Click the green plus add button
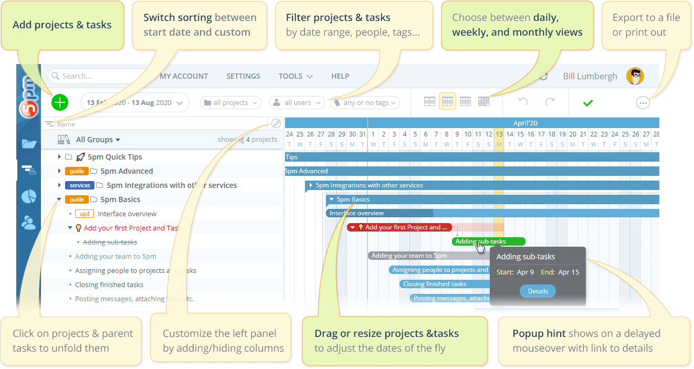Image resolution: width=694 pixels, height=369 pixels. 60,102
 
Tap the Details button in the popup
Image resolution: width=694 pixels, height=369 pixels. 538,291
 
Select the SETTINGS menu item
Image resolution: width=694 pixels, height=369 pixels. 243,76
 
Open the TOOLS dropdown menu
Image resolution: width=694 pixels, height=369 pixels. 296,76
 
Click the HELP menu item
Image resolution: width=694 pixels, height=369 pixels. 340,76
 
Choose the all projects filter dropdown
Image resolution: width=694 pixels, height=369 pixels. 230,103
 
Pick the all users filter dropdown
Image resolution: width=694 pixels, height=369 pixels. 297,103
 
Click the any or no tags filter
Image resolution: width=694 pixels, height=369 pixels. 365,103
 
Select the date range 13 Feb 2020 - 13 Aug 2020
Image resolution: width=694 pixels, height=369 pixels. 135,103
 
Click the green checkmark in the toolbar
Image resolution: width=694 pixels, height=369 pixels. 588,103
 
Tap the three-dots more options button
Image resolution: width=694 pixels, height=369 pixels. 643,103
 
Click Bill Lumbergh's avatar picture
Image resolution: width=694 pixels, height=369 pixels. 635,76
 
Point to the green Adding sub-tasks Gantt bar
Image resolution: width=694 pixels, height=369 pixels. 488,241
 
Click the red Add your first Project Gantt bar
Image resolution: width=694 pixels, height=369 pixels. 399,227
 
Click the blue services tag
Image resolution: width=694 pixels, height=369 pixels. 80,185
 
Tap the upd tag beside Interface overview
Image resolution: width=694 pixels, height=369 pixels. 85,214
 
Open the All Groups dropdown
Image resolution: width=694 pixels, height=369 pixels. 98,140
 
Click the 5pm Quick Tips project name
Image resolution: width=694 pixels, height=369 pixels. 114,157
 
